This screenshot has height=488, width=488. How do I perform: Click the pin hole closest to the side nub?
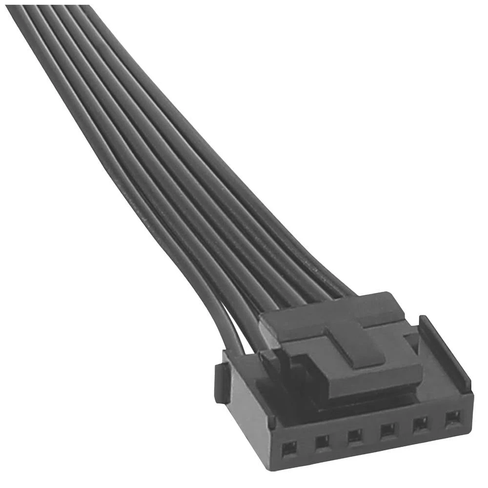tap(290, 446)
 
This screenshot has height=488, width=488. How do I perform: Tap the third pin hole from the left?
tap(355, 435)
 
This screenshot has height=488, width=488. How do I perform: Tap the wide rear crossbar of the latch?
tap(332, 312)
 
